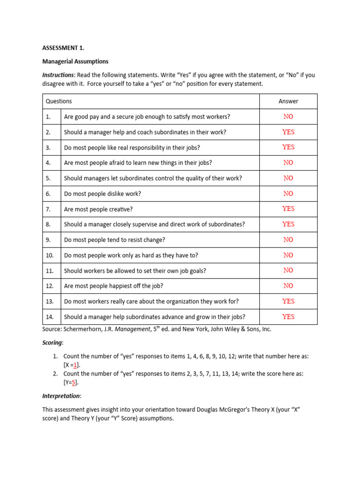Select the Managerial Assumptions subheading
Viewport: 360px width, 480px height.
tap(75, 61)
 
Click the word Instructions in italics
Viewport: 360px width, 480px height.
tap(58, 75)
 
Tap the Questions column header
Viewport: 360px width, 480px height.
tap(59, 101)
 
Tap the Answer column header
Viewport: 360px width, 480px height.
tap(288, 101)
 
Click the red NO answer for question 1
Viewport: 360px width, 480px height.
tap(288, 117)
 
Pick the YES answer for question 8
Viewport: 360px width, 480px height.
tap(288, 224)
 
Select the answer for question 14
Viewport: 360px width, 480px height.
tap(288, 317)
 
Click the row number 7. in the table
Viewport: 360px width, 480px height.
tap(48, 209)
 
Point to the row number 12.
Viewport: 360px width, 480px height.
tap(50, 286)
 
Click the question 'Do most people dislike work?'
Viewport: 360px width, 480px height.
tap(103, 194)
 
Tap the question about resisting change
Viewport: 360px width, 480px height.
tap(114, 240)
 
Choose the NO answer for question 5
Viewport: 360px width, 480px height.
tap(288, 178)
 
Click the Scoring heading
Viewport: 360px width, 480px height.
tap(52, 343)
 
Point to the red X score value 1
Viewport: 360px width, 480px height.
tap(75, 365)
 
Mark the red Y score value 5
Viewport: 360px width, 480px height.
tap(74, 382)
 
